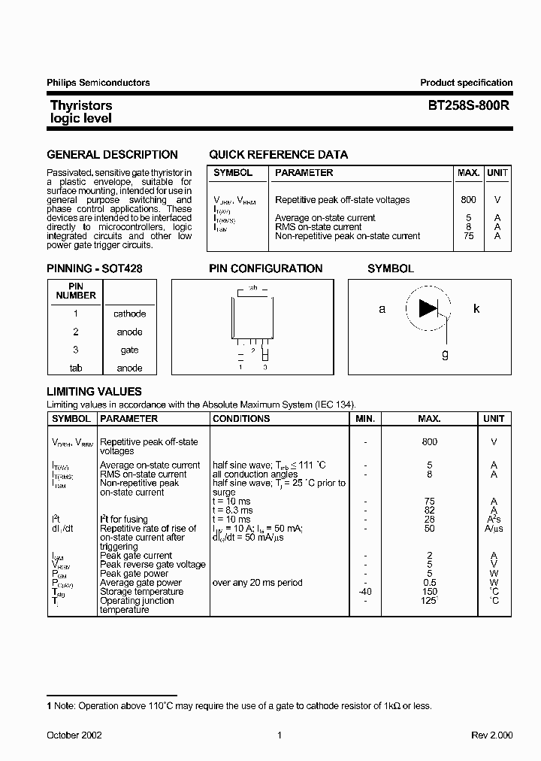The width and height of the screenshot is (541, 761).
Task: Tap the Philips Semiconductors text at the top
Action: coord(98,83)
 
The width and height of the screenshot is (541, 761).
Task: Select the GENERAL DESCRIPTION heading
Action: coord(112,155)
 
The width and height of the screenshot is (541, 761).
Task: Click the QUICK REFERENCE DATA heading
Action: coord(278,155)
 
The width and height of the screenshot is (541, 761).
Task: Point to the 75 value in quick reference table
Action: coord(468,236)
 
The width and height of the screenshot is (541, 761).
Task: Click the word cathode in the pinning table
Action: coord(129,314)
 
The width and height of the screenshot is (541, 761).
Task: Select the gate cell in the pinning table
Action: coord(129,350)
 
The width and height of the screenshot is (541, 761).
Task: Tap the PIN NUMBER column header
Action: coord(76,291)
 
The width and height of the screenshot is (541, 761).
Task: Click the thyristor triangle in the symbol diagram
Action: coord(428,308)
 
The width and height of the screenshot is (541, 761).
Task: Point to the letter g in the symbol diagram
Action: coord(445,353)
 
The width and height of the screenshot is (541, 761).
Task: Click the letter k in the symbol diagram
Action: coord(476,308)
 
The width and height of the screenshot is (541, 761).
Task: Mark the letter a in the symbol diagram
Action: coord(382,308)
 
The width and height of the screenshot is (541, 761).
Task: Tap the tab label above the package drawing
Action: coord(253,287)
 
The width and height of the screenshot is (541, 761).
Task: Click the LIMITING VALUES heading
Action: coord(94,392)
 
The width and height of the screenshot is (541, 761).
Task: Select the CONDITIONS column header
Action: coord(241,419)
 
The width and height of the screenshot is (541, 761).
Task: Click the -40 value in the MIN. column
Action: coord(365,592)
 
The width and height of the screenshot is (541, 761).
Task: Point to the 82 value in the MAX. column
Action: coord(429,511)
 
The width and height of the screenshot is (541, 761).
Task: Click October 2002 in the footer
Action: coord(74,735)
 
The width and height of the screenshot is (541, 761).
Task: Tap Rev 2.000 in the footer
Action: coord(491,735)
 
